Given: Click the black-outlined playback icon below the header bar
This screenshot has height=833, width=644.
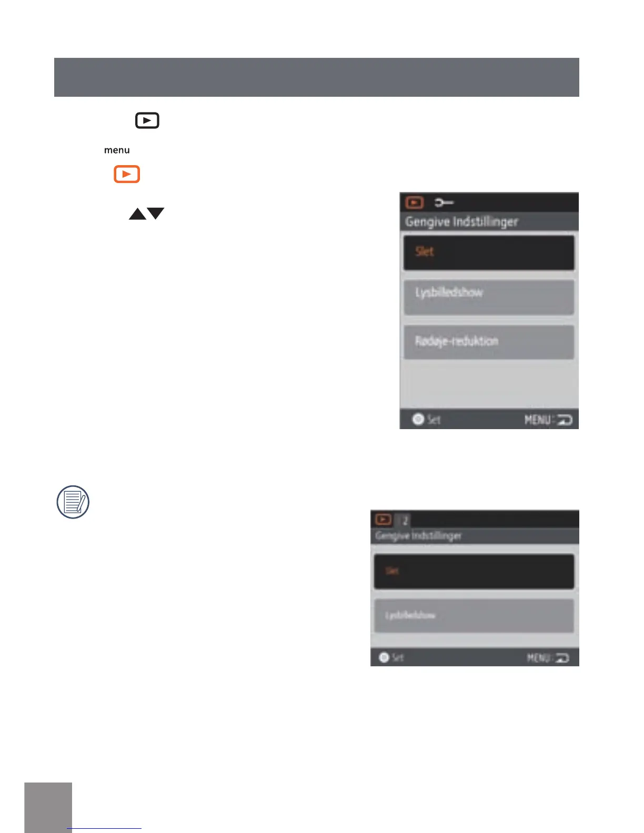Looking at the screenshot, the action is click(147, 120).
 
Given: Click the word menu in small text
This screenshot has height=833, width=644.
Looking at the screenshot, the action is click(117, 150).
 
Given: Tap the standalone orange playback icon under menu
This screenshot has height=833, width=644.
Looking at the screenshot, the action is click(127, 174).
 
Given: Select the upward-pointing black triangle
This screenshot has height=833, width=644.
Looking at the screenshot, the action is click(137, 214).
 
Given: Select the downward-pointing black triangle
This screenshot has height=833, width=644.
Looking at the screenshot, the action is click(156, 213).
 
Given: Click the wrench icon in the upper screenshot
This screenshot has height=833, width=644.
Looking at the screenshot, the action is click(444, 202).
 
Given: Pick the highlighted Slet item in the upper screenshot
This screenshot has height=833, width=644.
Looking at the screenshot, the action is click(488, 252).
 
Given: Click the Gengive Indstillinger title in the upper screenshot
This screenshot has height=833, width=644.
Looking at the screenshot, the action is click(461, 222).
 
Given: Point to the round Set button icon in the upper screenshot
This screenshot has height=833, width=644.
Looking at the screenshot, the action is click(418, 419).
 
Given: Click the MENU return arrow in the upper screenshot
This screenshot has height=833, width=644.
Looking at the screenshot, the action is click(564, 420).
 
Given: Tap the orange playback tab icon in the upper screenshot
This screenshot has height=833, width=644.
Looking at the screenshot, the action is click(415, 202).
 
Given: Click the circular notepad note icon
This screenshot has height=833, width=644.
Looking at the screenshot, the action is click(73, 502).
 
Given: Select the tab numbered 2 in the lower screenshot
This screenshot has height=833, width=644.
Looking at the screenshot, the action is click(405, 521).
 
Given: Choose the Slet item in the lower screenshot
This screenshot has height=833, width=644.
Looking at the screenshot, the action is click(474, 571).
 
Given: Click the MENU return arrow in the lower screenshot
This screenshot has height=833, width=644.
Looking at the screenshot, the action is click(562, 658).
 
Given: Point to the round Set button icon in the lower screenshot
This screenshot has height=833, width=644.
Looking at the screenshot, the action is click(384, 657).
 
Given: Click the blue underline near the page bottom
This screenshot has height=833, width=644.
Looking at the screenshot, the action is click(105, 828).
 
